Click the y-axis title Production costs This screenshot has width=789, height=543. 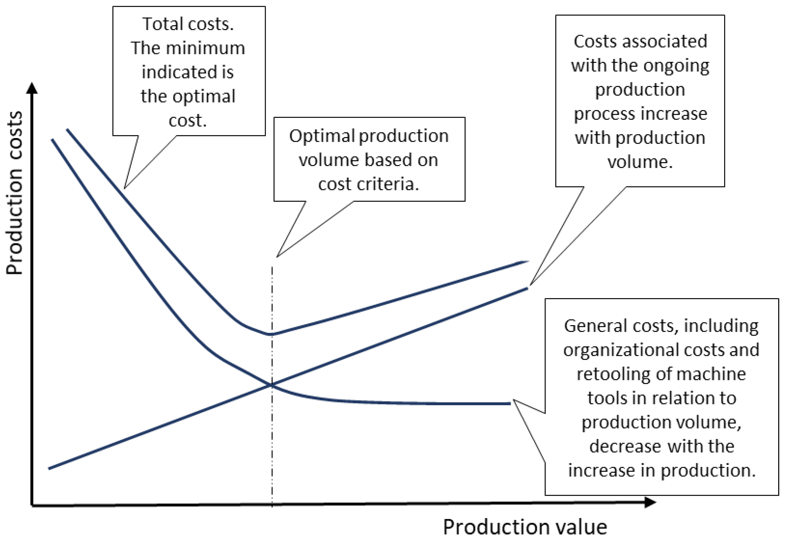tap(14, 193)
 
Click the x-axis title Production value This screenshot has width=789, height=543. tap(524, 527)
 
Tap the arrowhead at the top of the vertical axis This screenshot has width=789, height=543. tap(32, 88)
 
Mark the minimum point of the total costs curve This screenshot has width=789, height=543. tap(271, 334)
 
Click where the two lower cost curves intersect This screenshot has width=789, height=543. tap(272, 385)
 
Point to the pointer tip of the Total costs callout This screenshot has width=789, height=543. tap(125, 188)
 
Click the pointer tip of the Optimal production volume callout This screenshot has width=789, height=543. tap(277, 257)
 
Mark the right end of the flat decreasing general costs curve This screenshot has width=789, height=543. tap(510, 403)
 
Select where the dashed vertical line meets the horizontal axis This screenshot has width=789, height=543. tap(272, 504)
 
